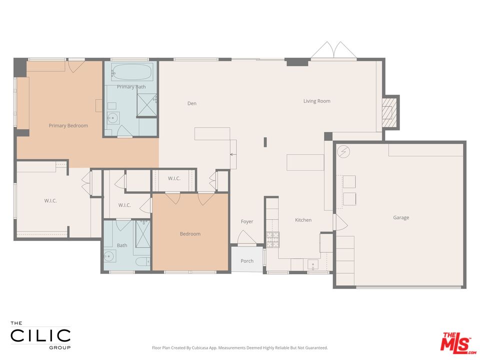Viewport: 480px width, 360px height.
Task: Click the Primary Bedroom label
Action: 68,125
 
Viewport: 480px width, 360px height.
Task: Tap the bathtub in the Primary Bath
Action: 131,73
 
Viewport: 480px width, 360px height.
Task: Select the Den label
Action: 192,103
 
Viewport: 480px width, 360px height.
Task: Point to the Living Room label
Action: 316,101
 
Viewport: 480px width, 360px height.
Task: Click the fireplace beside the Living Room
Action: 390,112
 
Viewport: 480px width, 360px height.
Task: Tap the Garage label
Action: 400,217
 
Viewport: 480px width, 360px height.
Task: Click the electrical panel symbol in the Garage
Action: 344,151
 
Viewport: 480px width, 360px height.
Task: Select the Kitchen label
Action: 303,220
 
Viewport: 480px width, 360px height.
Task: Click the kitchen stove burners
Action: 272,239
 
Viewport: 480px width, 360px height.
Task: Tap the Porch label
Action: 247,261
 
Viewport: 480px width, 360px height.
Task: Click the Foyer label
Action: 247,221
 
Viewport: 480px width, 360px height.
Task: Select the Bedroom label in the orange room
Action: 190,234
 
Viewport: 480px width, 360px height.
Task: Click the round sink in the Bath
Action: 109,257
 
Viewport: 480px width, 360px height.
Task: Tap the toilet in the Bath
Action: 141,261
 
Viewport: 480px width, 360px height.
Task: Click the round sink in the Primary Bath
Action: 113,118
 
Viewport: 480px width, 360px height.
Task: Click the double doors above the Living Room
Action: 333,51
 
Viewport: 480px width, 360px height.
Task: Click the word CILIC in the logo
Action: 40,335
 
